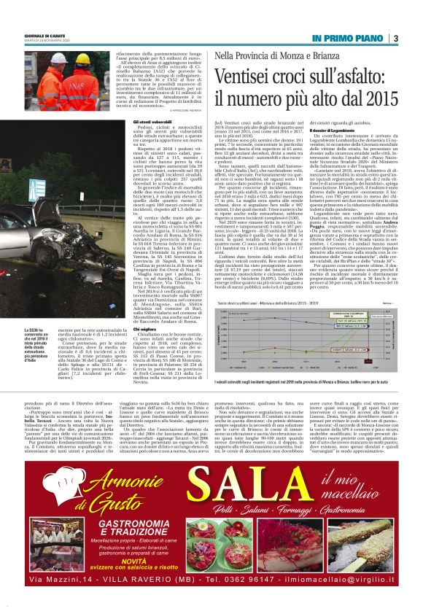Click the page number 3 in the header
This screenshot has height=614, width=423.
(x=395, y=38)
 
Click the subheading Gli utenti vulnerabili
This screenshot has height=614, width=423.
(x=151, y=121)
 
